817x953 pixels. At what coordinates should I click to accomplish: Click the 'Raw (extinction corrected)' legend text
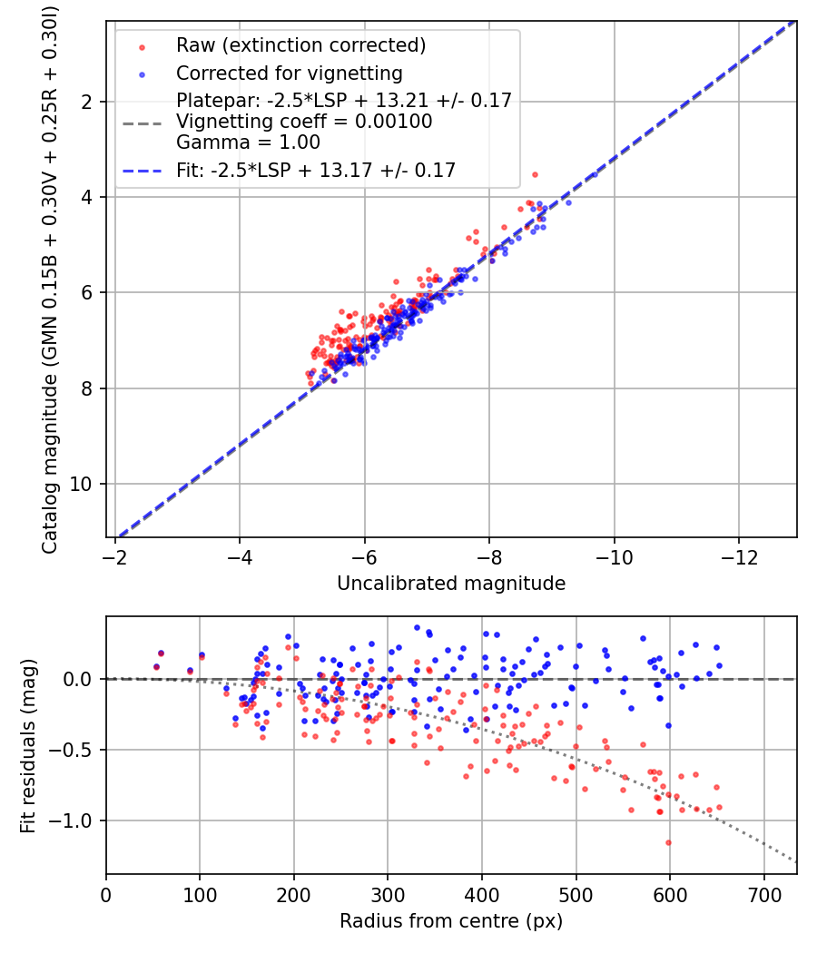pyautogui.click(x=300, y=45)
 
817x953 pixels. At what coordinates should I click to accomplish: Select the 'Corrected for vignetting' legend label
pyautogui.click(x=290, y=74)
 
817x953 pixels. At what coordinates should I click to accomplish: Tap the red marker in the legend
pyautogui.click(x=142, y=47)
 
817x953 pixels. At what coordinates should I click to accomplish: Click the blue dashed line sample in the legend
pyautogui.click(x=142, y=172)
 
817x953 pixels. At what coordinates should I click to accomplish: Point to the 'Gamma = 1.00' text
pyautogui.click(x=248, y=142)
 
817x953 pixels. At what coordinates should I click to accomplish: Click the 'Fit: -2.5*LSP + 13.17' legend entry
pyautogui.click(x=316, y=171)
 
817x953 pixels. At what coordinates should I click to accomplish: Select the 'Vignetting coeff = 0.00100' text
pyautogui.click(x=304, y=122)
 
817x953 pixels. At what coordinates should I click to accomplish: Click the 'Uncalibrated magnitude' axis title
pyautogui.click(x=451, y=584)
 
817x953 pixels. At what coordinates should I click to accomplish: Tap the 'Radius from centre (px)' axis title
pyautogui.click(x=451, y=921)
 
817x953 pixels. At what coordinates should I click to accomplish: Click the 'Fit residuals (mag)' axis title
pyautogui.click(x=28, y=746)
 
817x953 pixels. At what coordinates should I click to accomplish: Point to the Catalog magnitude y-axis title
pyautogui.click(x=50, y=280)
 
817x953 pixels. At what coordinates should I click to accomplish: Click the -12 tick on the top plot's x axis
pyautogui.click(x=739, y=557)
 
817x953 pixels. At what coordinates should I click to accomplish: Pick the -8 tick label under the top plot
pyautogui.click(x=489, y=557)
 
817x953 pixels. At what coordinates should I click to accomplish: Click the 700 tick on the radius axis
pyautogui.click(x=763, y=895)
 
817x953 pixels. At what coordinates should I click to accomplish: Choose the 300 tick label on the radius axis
pyautogui.click(x=388, y=895)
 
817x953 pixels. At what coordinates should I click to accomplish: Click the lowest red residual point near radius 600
pyautogui.click(x=669, y=843)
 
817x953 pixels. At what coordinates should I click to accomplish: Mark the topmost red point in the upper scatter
pyautogui.click(x=535, y=175)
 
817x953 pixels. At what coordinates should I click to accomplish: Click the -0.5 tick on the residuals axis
pyautogui.click(x=72, y=750)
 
